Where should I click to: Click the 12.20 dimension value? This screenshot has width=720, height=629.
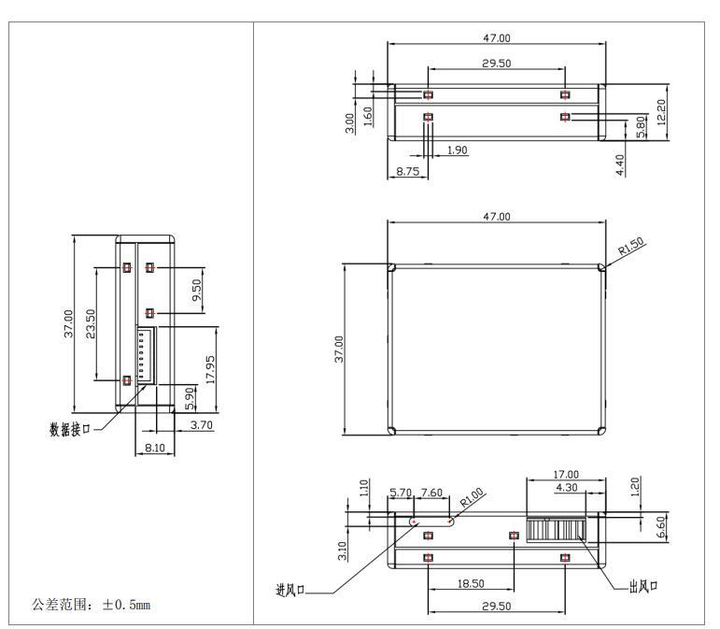[662, 112]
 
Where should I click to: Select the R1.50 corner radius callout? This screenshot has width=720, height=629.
[630, 248]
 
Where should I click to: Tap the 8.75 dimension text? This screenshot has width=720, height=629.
[406, 172]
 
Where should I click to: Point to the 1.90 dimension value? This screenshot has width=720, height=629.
[458, 150]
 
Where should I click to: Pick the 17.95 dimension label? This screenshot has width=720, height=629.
[211, 369]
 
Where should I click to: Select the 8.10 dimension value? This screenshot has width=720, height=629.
[155, 449]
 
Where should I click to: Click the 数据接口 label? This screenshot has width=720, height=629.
[70, 429]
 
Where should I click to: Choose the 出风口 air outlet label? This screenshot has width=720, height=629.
[642, 586]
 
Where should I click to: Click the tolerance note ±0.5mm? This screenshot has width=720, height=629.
[92, 605]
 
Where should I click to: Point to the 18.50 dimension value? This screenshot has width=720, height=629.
[471, 583]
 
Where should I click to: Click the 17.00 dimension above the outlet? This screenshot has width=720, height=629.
[566, 474]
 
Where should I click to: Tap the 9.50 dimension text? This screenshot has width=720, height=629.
[197, 291]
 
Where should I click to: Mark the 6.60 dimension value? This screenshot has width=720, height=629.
[662, 529]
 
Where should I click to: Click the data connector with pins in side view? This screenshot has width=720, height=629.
[147, 355]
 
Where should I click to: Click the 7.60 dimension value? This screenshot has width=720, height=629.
[431, 493]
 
